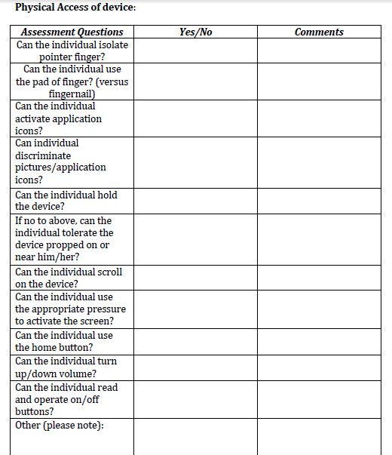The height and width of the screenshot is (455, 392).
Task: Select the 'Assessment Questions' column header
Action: pos(72,32)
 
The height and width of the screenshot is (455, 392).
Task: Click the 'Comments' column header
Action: pos(319,32)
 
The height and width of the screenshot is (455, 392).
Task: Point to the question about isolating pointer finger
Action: pos(72,51)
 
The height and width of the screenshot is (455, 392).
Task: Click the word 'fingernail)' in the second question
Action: pos(72,94)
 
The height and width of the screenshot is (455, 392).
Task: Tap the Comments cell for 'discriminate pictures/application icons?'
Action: pos(319,161)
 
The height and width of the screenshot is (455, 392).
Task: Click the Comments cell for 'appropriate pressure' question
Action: pos(319,309)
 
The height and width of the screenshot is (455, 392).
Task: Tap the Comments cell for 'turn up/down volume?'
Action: pos(319,367)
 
